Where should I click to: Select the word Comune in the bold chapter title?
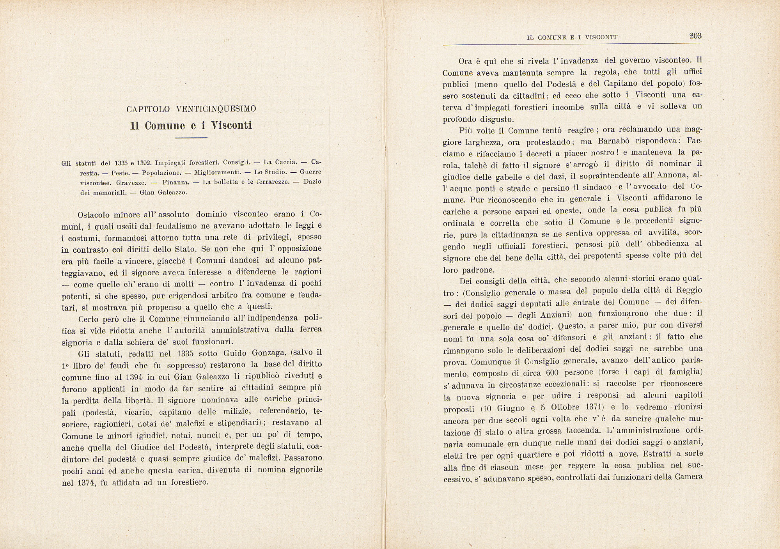165,126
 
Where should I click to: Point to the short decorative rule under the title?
191,138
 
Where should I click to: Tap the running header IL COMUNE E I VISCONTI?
572,38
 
